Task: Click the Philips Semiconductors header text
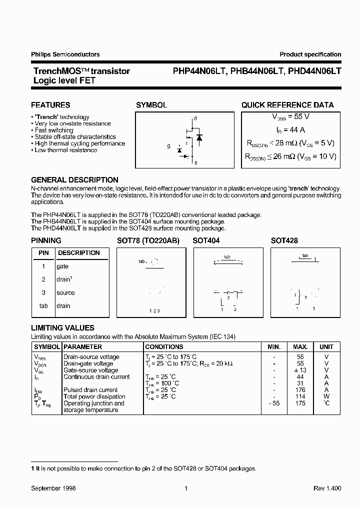click(65, 54)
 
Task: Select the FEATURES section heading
click(50, 105)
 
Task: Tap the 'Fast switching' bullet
click(54, 130)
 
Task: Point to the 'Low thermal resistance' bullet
click(65, 150)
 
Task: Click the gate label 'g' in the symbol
click(168, 146)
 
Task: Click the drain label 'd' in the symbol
click(195, 118)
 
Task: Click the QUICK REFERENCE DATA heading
click(287, 105)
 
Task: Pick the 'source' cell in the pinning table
click(65, 292)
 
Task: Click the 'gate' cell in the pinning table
click(63, 266)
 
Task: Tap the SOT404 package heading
click(206, 240)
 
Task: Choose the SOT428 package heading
click(284, 240)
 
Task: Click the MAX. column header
click(300, 346)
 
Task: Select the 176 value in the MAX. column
click(300, 390)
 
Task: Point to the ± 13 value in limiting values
click(300, 370)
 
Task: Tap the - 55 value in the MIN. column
click(273, 403)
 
